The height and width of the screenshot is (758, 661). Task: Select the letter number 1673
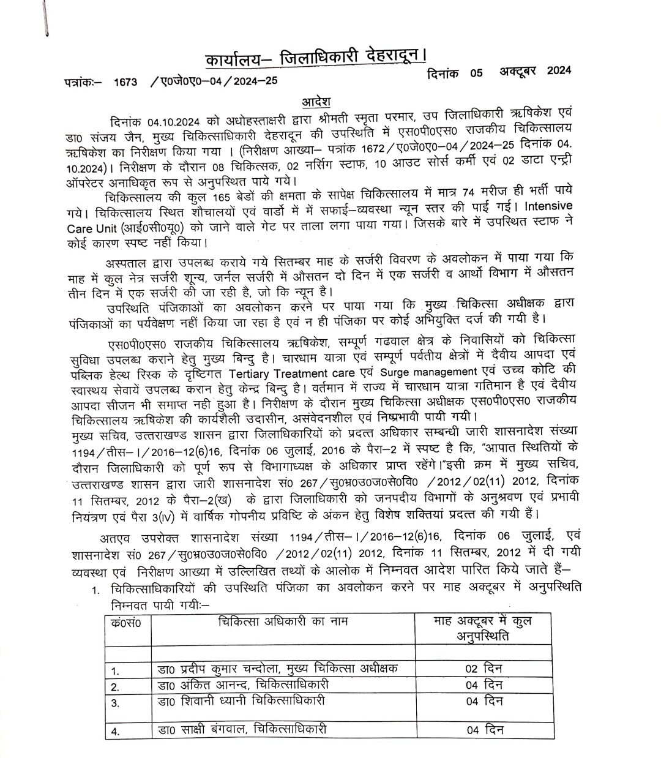125,81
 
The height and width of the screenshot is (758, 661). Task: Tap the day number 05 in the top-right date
476,73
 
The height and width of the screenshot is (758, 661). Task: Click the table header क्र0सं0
127,623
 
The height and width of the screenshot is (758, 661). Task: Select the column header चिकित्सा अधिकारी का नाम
283,621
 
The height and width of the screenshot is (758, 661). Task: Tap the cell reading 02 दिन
484,668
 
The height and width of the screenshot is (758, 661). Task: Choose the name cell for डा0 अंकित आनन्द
243,684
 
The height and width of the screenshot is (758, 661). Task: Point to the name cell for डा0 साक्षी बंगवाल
242,729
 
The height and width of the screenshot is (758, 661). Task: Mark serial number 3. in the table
116,703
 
